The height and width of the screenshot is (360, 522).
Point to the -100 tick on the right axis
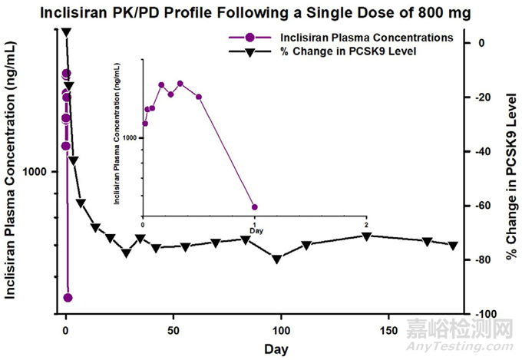(x=485, y=315)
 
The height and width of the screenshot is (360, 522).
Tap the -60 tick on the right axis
(x=487, y=206)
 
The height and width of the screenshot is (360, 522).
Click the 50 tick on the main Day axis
(x=173, y=328)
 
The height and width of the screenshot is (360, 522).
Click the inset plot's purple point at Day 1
(x=254, y=207)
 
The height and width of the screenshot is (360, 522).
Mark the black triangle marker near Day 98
(x=276, y=259)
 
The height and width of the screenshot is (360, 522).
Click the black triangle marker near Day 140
(x=367, y=236)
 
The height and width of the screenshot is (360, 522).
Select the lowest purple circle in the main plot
(x=68, y=298)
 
